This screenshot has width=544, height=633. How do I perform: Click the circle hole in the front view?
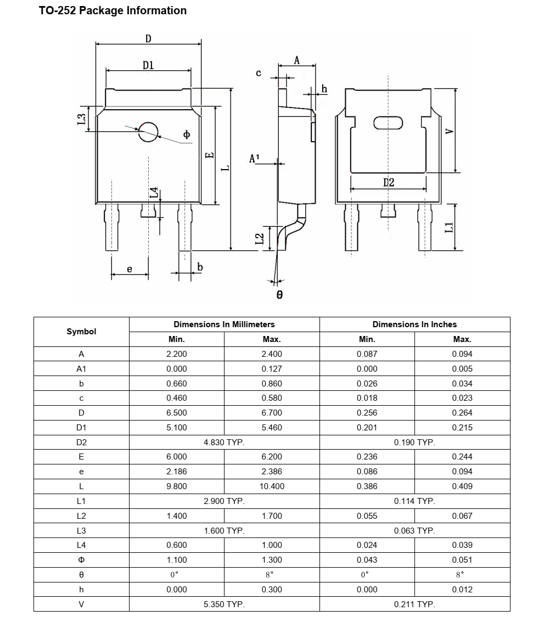[148, 132]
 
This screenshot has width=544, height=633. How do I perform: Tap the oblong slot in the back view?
[388, 123]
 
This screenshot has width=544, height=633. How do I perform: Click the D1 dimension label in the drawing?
[148, 65]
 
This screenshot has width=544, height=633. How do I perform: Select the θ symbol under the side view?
[279, 295]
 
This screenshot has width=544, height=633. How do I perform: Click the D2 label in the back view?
[389, 183]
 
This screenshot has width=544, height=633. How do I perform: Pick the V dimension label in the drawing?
[449, 132]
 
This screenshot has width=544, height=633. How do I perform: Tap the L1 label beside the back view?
[449, 227]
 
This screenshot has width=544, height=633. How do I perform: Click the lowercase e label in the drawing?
[130, 269]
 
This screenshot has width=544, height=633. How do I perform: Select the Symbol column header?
[81, 332]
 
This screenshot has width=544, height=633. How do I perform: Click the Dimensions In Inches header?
[414, 324]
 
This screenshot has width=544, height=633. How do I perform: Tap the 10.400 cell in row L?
[272, 486]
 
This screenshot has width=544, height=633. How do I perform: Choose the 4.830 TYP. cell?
[224, 442]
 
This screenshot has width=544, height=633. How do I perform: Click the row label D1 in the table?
[81, 428]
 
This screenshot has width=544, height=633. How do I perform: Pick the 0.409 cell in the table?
[462, 486]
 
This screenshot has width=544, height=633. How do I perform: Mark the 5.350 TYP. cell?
[224, 604]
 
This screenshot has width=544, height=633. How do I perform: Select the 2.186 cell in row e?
[176, 472]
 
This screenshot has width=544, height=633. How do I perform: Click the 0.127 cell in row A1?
[272, 369]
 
